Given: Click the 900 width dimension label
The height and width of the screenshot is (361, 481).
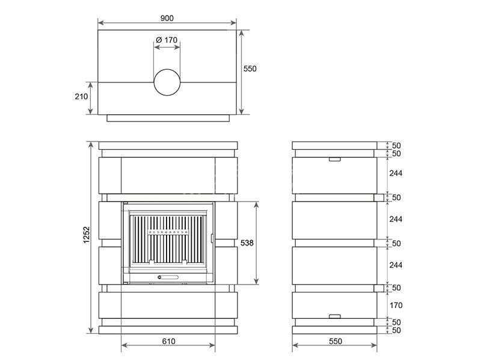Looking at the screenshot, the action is pos(167,18).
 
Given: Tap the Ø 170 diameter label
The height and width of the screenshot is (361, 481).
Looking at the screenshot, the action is pos(167,40).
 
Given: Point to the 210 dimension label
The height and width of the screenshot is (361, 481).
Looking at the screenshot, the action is pos(81,96).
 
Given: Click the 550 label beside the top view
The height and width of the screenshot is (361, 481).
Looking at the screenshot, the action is pos(250,69).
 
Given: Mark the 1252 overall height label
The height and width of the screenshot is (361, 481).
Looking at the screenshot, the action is pos(87,235).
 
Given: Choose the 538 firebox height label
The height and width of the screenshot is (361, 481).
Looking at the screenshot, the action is pos(247,243).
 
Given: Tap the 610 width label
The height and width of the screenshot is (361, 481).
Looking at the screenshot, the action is pos(168,341).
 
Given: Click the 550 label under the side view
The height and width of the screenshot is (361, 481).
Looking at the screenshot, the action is pos(335,341).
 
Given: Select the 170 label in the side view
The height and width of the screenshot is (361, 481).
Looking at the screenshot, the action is pos(396,306).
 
